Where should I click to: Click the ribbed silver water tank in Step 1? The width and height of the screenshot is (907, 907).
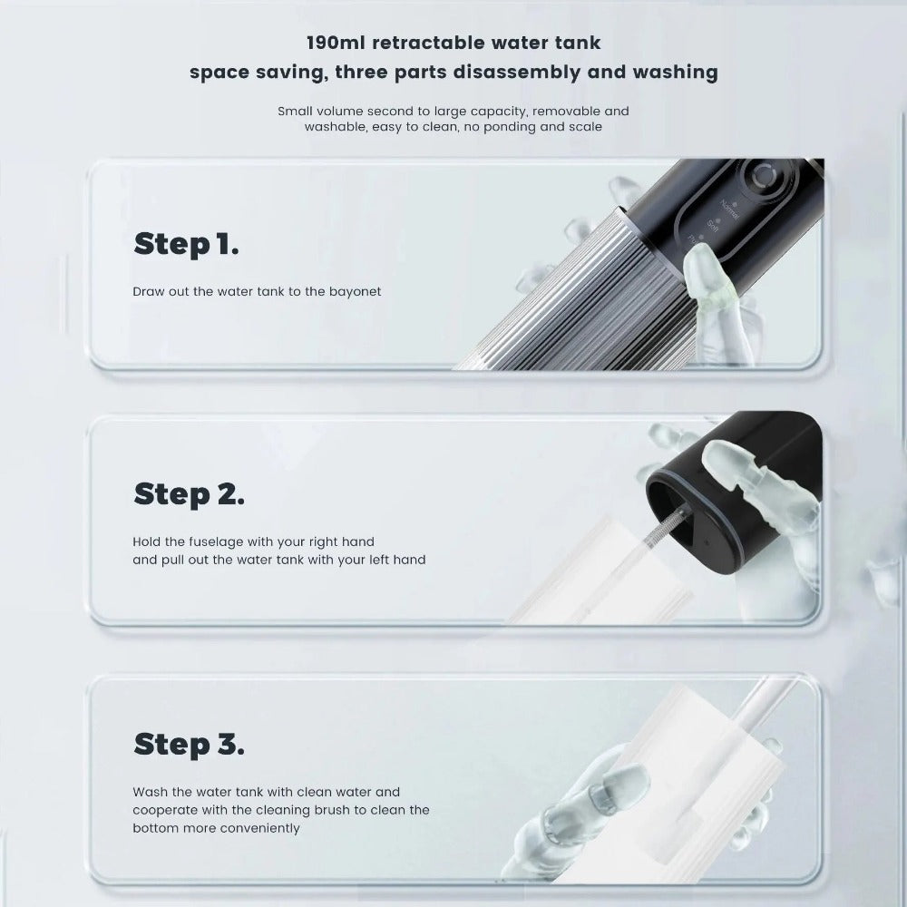tap(562, 299)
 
